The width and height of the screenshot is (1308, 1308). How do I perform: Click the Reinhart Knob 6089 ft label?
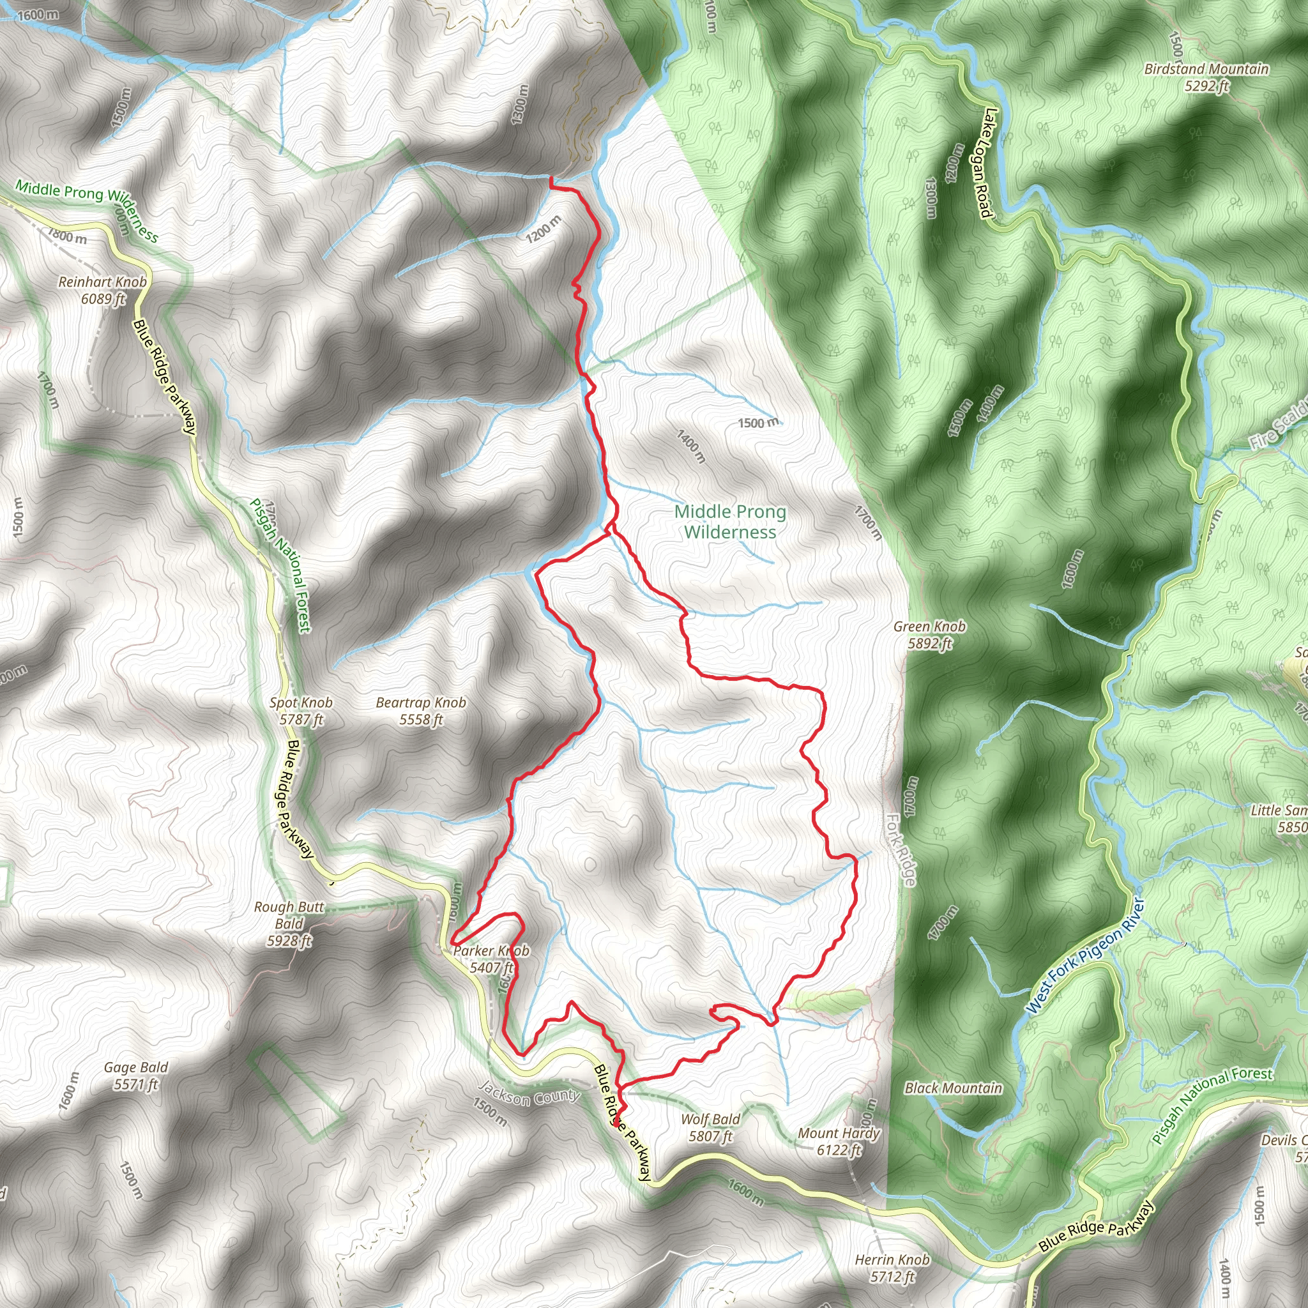pyautogui.click(x=102, y=290)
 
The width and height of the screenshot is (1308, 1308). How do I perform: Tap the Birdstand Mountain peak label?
pyautogui.click(x=1206, y=77)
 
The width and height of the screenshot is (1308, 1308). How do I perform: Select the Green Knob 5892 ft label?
pyautogui.click(x=929, y=634)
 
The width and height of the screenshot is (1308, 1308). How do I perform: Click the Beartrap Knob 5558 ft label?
pyautogui.click(x=421, y=711)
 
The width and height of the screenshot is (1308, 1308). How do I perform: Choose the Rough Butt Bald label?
pyautogui.click(x=289, y=924)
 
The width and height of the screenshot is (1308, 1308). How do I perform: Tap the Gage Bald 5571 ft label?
pyautogui.click(x=136, y=1076)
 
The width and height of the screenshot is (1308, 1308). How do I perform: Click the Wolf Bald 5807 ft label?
pyautogui.click(x=710, y=1128)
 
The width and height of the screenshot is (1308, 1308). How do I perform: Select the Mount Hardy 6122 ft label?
pyautogui.click(x=839, y=1141)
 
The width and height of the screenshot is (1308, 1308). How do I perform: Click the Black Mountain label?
pyautogui.click(x=954, y=1088)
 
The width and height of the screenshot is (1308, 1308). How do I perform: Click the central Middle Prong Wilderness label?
pyautogui.click(x=731, y=521)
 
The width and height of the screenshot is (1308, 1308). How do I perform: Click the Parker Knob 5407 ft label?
pyautogui.click(x=492, y=959)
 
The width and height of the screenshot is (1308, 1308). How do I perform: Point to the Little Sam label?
pyautogui.click(x=1279, y=819)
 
